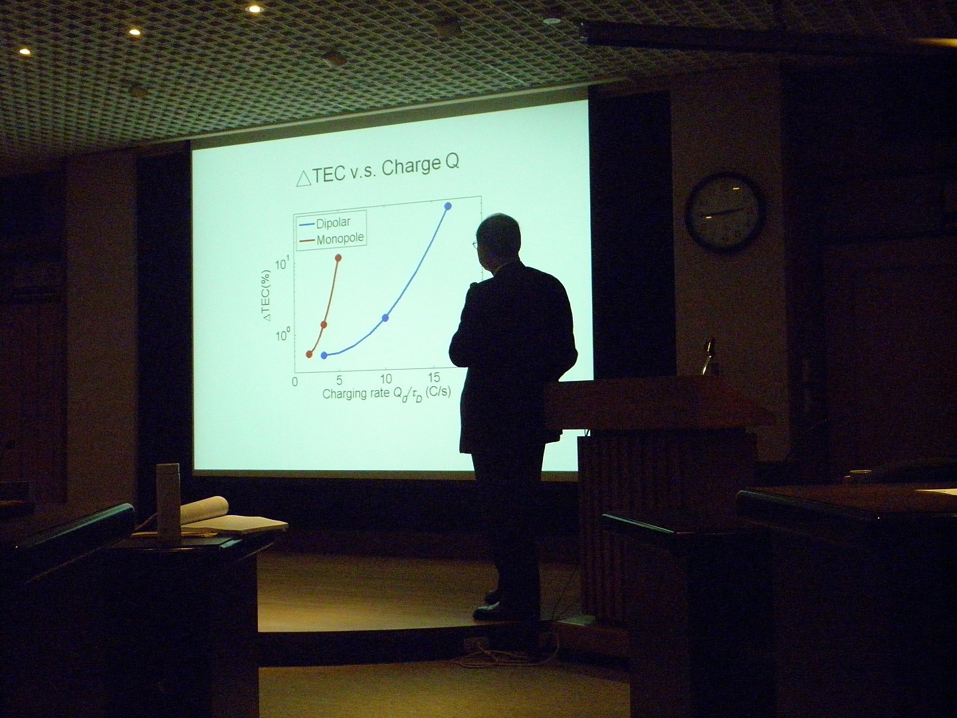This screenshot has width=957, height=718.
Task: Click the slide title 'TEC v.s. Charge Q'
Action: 377,171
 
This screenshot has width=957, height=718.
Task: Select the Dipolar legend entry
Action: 325,223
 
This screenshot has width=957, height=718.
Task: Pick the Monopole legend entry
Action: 332,239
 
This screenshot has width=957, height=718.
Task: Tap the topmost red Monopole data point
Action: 338,258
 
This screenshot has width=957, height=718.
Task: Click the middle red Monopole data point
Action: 324,324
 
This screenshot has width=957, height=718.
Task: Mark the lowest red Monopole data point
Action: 309,354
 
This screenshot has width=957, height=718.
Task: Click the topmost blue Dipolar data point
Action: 448,206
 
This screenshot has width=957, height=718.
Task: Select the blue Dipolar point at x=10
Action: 385,317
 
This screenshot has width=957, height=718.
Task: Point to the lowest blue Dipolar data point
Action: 324,355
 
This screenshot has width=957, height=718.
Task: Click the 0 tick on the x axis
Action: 294,382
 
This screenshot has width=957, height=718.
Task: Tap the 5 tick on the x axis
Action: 339,380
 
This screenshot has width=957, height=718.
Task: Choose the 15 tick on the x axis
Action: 434,377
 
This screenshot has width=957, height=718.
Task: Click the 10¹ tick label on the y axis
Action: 282,263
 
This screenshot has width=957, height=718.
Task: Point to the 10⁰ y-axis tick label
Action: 282,336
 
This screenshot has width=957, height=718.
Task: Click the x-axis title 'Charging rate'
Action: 355,393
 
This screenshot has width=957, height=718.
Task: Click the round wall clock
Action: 724,212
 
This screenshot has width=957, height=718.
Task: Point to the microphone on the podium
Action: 708,355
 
